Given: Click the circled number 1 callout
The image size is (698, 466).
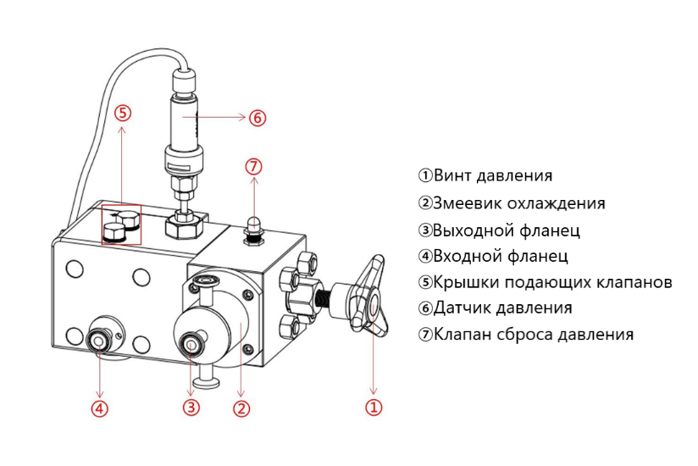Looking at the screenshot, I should click(374, 408).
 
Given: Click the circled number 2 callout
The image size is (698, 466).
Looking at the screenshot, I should click(241, 408).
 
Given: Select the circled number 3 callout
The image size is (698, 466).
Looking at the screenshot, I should click(191, 408).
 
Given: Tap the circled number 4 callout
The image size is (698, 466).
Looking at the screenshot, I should click(100, 408).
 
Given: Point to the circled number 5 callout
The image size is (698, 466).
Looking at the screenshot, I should click(123, 113).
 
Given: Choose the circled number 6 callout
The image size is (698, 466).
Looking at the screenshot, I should click(258, 118).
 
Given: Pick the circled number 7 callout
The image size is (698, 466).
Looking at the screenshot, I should click(252, 165).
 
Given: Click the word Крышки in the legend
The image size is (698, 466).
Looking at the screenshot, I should click(462, 282).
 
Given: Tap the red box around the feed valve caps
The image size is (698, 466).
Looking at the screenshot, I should click(122, 224).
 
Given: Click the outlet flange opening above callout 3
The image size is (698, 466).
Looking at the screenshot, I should click(191, 345).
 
